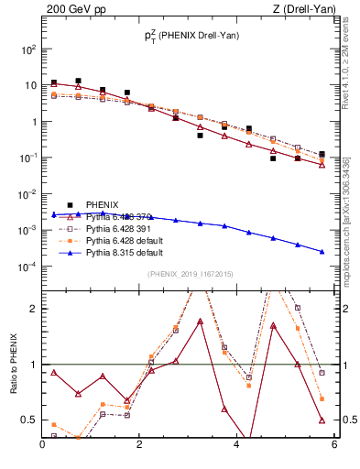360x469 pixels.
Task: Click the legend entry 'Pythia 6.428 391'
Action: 124,227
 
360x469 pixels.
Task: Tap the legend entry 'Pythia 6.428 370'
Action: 124,215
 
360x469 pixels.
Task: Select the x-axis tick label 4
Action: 237,446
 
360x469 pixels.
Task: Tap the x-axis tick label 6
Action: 334,446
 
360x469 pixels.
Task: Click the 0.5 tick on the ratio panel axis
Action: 30,420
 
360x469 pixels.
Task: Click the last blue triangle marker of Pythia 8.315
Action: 322,252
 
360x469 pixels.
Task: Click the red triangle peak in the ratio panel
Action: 200,322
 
